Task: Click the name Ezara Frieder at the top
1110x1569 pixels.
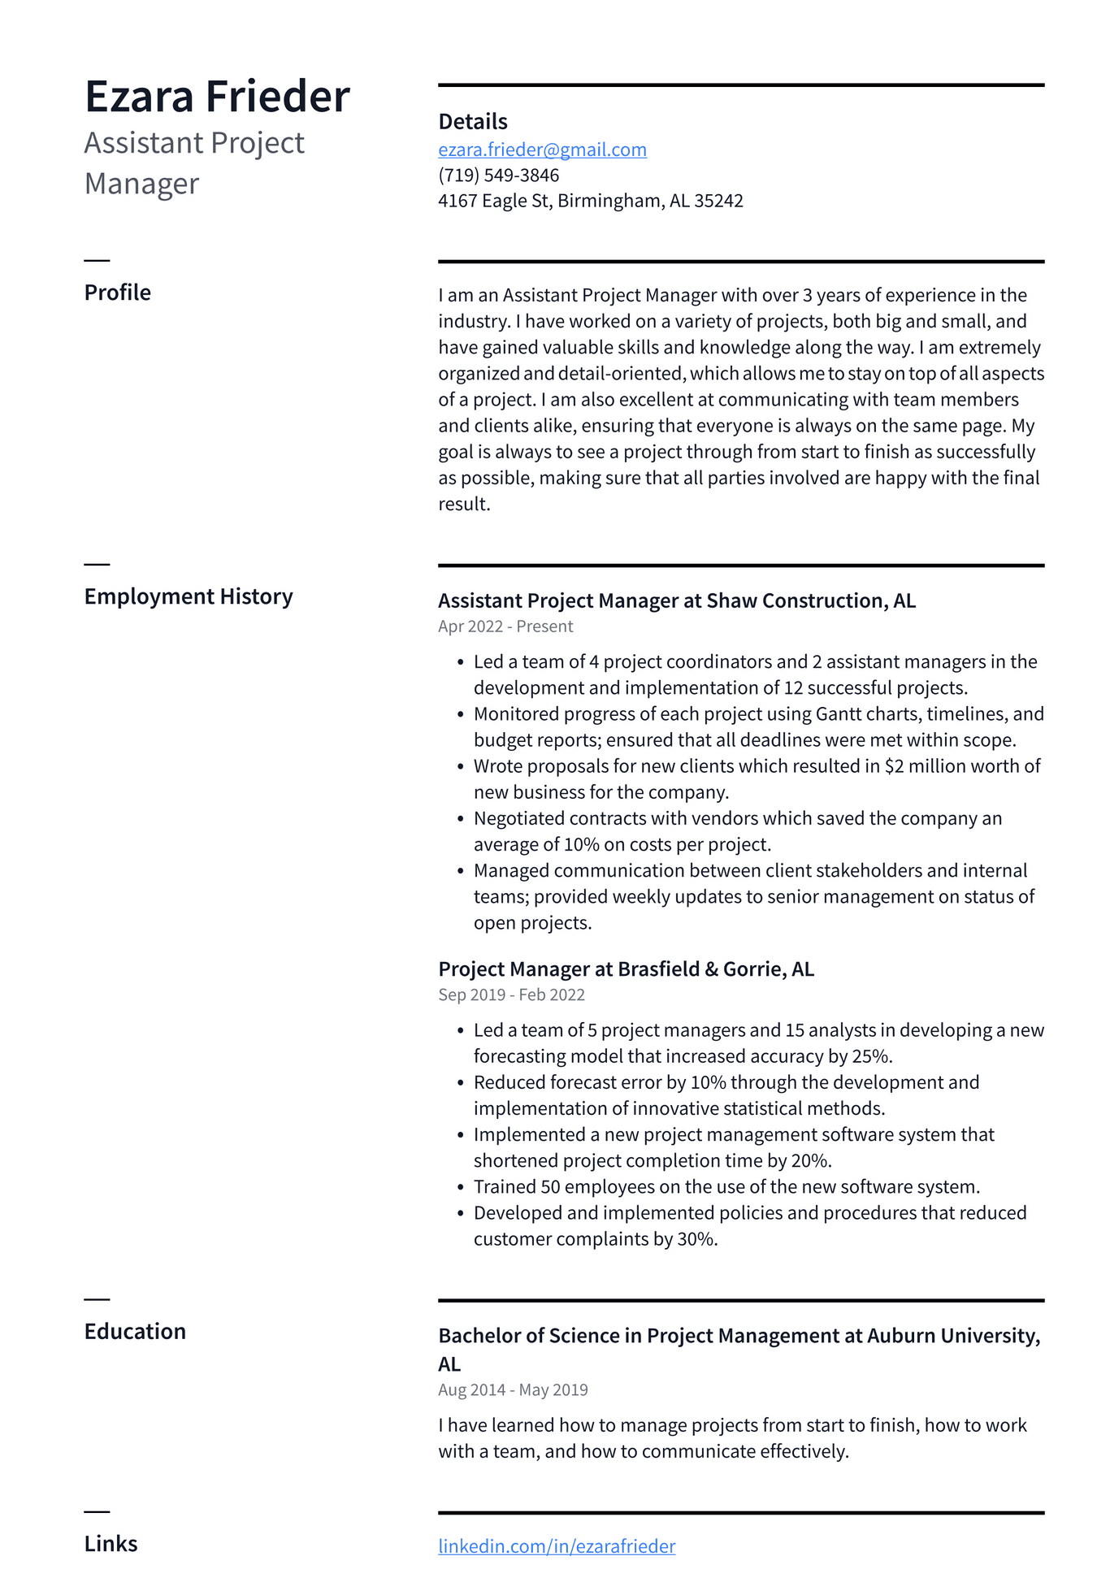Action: (217, 97)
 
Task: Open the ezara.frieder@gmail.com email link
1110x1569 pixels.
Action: (542, 150)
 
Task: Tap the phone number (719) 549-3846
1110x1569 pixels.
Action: (498, 176)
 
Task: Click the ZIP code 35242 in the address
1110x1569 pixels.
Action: (718, 201)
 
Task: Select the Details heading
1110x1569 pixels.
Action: (472, 122)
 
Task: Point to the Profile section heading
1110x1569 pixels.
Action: (117, 293)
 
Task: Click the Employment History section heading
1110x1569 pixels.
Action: (188, 596)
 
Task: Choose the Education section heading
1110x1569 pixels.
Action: (135, 1331)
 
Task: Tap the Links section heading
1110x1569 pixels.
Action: (111, 1543)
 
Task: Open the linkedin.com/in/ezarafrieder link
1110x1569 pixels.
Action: (557, 1545)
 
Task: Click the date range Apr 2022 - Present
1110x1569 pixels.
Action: (505, 626)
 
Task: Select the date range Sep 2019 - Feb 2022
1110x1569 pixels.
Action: (511, 995)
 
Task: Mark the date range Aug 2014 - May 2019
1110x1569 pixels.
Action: (513, 1389)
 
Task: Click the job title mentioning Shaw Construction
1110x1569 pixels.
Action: (676, 600)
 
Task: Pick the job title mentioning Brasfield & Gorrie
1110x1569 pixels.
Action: (626, 969)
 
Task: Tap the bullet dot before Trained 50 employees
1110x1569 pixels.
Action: (461, 1188)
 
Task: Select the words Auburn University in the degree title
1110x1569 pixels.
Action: (952, 1336)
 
